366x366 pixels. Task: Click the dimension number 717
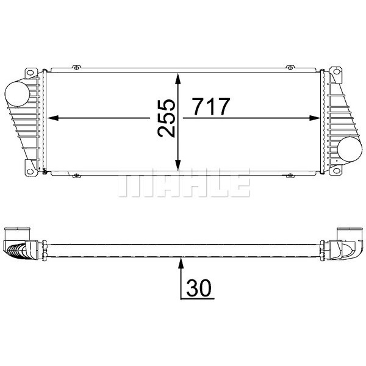211,107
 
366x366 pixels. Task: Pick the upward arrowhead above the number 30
181,263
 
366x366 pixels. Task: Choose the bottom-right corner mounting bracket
335,166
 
